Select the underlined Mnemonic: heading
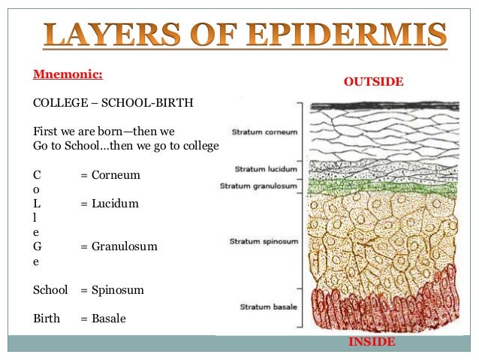(x=68, y=75)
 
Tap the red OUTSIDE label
(x=373, y=81)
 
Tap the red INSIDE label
(x=371, y=342)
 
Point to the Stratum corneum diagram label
(x=264, y=132)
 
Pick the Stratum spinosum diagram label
(x=263, y=241)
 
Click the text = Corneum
(x=110, y=175)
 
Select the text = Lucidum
(x=110, y=204)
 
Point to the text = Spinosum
(x=112, y=289)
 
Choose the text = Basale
(x=103, y=319)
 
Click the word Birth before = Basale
(x=47, y=319)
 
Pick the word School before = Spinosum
(x=51, y=289)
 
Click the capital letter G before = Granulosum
(x=38, y=247)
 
